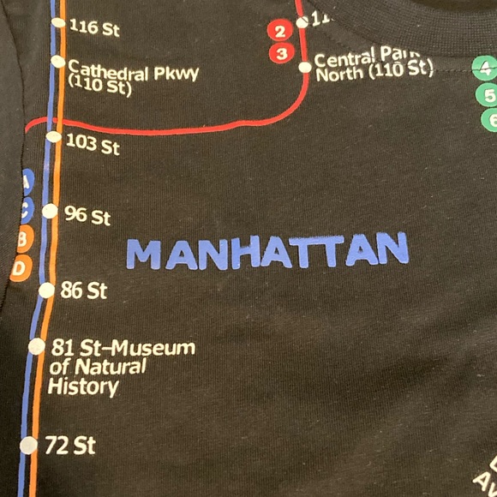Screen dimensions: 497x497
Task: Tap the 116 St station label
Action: (x=93, y=27)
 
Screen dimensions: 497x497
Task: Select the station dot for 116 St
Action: (x=58, y=23)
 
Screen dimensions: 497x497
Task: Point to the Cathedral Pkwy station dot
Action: (x=57, y=62)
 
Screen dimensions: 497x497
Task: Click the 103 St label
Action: (x=93, y=144)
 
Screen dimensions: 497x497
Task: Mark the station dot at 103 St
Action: (x=54, y=136)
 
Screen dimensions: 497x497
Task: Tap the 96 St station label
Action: (x=87, y=215)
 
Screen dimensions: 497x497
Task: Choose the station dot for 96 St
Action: (x=50, y=211)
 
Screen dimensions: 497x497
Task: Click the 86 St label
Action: (x=84, y=290)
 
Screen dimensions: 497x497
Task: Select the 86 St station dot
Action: (x=46, y=290)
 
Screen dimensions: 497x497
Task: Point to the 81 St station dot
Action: (x=37, y=346)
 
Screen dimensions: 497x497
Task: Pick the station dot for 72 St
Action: (x=29, y=445)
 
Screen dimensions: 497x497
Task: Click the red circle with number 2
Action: (x=278, y=32)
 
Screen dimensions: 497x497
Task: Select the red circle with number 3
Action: (x=279, y=53)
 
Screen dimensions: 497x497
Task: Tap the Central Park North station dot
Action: (x=305, y=67)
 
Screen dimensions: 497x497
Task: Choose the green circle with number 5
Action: (x=489, y=96)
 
